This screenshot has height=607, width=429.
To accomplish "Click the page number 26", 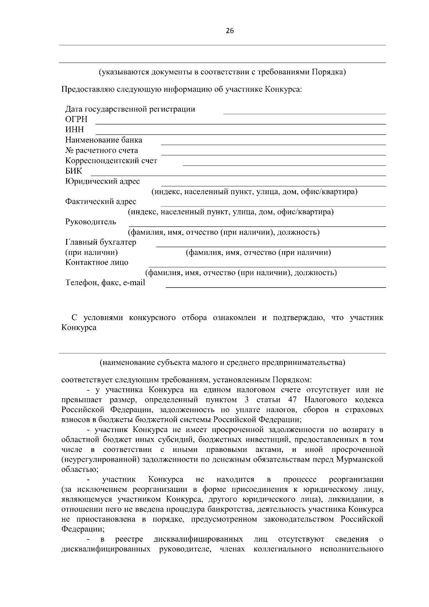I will coord(230,31).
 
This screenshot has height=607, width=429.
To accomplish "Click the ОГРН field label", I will coord(76,119).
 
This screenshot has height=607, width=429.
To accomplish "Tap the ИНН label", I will coord(74,130).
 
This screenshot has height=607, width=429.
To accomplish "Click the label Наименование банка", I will coord(104,140).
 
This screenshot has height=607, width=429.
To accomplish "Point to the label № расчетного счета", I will coord(102,150).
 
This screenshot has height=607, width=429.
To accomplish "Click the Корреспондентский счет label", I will coord(111,161).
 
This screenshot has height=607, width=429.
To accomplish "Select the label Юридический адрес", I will coord(103,181).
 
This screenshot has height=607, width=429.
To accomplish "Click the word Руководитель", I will coord(90,222).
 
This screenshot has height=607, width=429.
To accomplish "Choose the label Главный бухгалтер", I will coord(100,242).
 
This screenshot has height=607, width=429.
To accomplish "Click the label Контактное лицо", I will coord(97,262).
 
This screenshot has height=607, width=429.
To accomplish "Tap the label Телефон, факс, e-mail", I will coord(105,283).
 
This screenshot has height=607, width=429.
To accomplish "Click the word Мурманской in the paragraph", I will coord(360,460).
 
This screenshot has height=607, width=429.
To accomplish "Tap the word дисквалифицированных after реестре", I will coord(198,539).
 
